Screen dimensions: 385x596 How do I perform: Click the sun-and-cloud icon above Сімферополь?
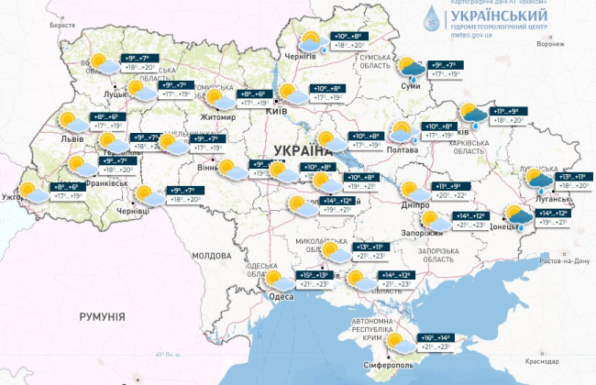coord(399,343)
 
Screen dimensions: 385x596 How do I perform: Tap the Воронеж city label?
coord(548,44)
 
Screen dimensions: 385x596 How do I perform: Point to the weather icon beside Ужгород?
coord(35,192)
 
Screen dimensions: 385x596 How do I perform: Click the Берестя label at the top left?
coord(61,25)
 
